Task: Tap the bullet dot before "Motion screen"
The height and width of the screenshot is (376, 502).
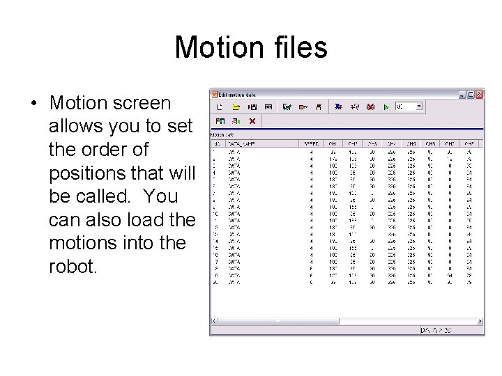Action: [x=33, y=104]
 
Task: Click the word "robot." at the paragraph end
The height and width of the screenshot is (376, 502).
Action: [x=73, y=266]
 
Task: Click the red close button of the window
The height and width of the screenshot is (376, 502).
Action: [x=479, y=94]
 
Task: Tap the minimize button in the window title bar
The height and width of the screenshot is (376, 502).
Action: [x=462, y=94]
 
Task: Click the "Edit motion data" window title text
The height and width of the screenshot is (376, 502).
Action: [x=237, y=94]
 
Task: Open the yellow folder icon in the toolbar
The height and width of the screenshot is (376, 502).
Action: [x=236, y=107]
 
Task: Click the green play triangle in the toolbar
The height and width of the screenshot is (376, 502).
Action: [x=386, y=107]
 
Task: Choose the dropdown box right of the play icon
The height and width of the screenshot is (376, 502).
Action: [x=409, y=107]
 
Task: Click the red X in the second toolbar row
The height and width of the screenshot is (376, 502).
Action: [x=252, y=121]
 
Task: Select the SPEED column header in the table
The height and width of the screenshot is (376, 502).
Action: [x=310, y=143]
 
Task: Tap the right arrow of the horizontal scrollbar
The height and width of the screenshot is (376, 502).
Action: [x=480, y=321]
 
